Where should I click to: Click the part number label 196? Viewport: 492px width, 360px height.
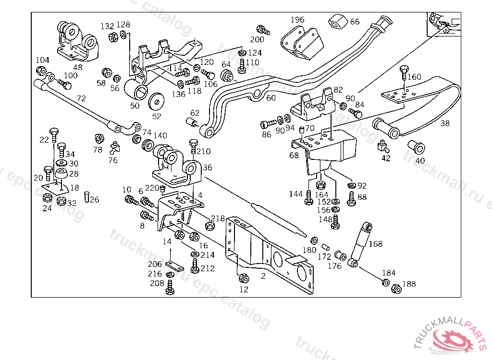pos(298,20)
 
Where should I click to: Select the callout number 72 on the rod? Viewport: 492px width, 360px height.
pos(81,98)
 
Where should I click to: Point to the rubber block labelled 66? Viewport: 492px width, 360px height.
pos(337,22)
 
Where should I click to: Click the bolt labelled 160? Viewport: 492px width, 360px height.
pos(404,73)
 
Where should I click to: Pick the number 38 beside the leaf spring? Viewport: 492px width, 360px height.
pos(445,123)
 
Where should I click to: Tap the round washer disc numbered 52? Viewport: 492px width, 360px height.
pos(156,100)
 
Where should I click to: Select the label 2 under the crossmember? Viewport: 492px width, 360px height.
pos(263,276)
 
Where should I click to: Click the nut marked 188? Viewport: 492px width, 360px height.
pos(396,289)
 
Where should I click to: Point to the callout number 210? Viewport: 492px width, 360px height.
pos(204,152)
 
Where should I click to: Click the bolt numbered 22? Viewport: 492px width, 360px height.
pos(54,133)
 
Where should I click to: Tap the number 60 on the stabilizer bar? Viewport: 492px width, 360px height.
pos(271,98)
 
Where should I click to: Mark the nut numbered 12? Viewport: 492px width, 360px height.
pos(243,278)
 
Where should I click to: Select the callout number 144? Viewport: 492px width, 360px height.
pos(296,194)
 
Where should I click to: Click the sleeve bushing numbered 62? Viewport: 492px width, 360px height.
pos(193,123)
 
